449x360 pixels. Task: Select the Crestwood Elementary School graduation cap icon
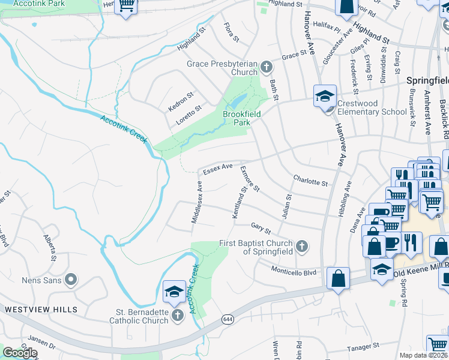click(x=324, y=95)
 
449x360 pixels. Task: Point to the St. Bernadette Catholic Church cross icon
click(x=177, y=314)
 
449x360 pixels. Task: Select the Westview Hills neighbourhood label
click(x=41, y=310)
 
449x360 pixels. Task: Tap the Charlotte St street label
click(x=310, y=180)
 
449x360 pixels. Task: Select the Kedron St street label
click(x=181, y=101)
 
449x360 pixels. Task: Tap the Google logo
click(x=20, y=353)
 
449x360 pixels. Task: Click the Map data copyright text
click(x=423, y=355)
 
